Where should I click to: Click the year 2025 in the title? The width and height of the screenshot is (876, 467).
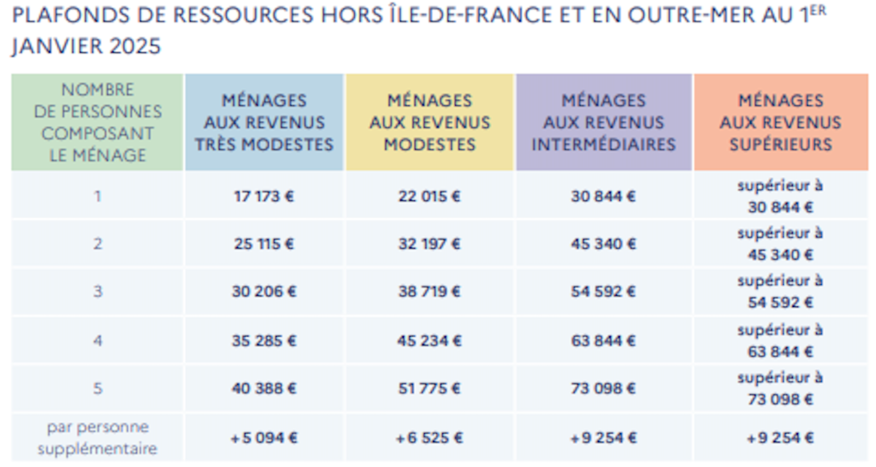(135, 46)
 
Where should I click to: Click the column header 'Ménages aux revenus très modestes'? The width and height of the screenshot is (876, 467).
(264, 122)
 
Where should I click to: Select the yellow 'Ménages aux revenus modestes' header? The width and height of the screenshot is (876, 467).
(429, 122)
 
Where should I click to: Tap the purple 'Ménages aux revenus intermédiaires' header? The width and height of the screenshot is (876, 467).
(603, 122)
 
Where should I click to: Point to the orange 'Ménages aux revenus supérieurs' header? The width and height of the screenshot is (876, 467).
(780, 122)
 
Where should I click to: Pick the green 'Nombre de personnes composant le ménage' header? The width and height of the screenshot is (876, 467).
(98, 122)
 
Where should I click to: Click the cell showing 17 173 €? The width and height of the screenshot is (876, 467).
(263, 196)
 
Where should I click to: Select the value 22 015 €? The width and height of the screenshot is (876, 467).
(429, 196)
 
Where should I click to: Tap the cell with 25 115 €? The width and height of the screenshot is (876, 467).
(263, 244)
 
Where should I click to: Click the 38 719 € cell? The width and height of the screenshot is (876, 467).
(429, 291)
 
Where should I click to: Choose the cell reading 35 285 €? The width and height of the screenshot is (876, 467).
(263, 340)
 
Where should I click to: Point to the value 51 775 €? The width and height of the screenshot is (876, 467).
(429, 387)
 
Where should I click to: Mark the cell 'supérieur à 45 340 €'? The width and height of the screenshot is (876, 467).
(780, 244)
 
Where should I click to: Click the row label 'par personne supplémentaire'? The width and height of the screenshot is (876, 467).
(98, 437)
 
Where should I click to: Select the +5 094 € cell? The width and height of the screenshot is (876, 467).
(263, 437)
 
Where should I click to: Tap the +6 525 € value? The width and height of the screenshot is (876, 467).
(429, 437)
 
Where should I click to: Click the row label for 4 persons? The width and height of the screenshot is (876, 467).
(98, 340)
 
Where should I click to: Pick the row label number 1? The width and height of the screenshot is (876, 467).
(98, 196)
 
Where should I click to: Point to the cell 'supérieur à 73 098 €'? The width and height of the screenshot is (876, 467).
(780, 388)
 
